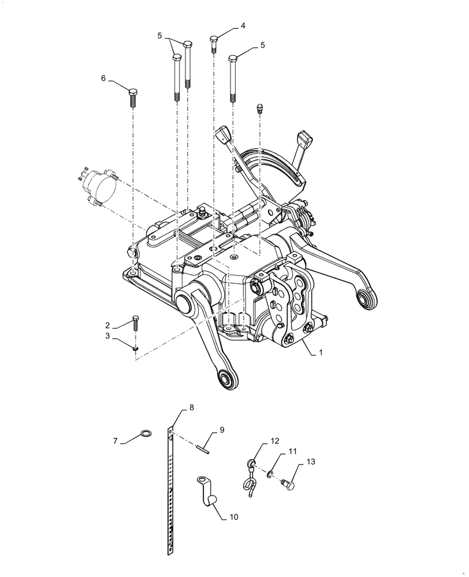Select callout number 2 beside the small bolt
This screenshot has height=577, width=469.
coord(107,325)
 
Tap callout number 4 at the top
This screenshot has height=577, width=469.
coord(243,26)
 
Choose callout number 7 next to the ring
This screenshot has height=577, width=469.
coord(115,441)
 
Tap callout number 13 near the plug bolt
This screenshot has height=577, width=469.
coord(311,462)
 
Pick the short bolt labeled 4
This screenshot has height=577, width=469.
coord(214,44)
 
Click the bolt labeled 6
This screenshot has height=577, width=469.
coord(133,99)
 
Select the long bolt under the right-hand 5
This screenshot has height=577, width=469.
coord(233,78)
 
